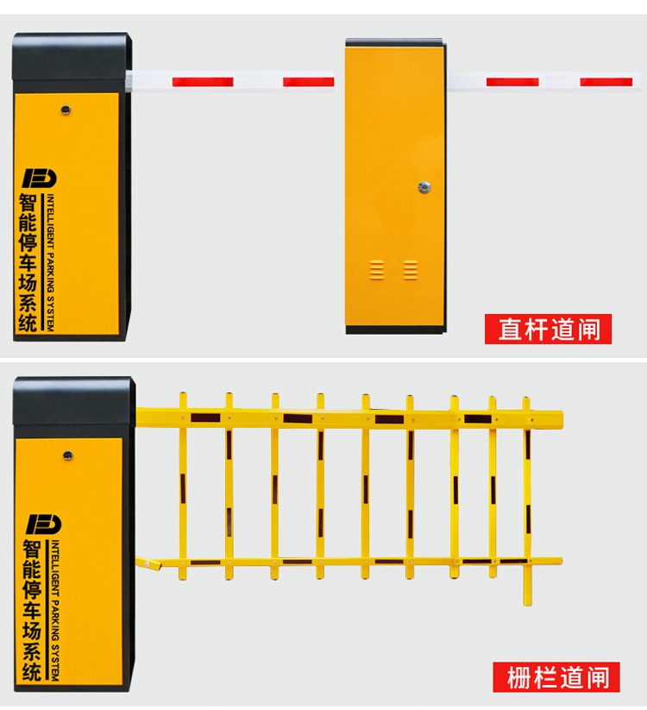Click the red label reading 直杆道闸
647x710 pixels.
pyautogui.click(x=548, y=329)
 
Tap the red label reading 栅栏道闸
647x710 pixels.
pyautogui.click(x=556, y=677)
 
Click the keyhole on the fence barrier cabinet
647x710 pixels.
pyautogui.click(x=67, y=455)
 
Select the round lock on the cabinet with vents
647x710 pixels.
pyautogui.click(x=424, y=187)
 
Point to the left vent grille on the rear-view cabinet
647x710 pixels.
pyautogui.click(x=377, y=270)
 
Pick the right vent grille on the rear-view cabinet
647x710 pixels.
pyautogui.click(x=411, y=270)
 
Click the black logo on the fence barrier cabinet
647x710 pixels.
pyautogui.click(x=43, y=525)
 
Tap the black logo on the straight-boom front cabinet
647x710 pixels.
pyautogui.click(x=40, y=178)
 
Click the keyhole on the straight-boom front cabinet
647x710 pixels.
pyautogui.click(x=66, y=110)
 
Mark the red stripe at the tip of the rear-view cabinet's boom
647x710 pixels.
pyautogui.click(x=606, y=82)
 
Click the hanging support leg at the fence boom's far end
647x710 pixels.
pyautogui.click(x=527, y=584)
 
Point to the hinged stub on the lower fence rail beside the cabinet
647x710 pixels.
pyautogui.click(x=149, y=563)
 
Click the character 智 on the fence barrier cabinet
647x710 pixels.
pyautogui.click(x=32, y=550)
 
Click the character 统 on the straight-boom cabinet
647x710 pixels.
pyautogui.click(x=28, y=323)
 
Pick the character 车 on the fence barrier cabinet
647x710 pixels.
pyautogui.click(x=32, y=609)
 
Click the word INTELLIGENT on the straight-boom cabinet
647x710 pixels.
pyautogui.click(x=51, y=221)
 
